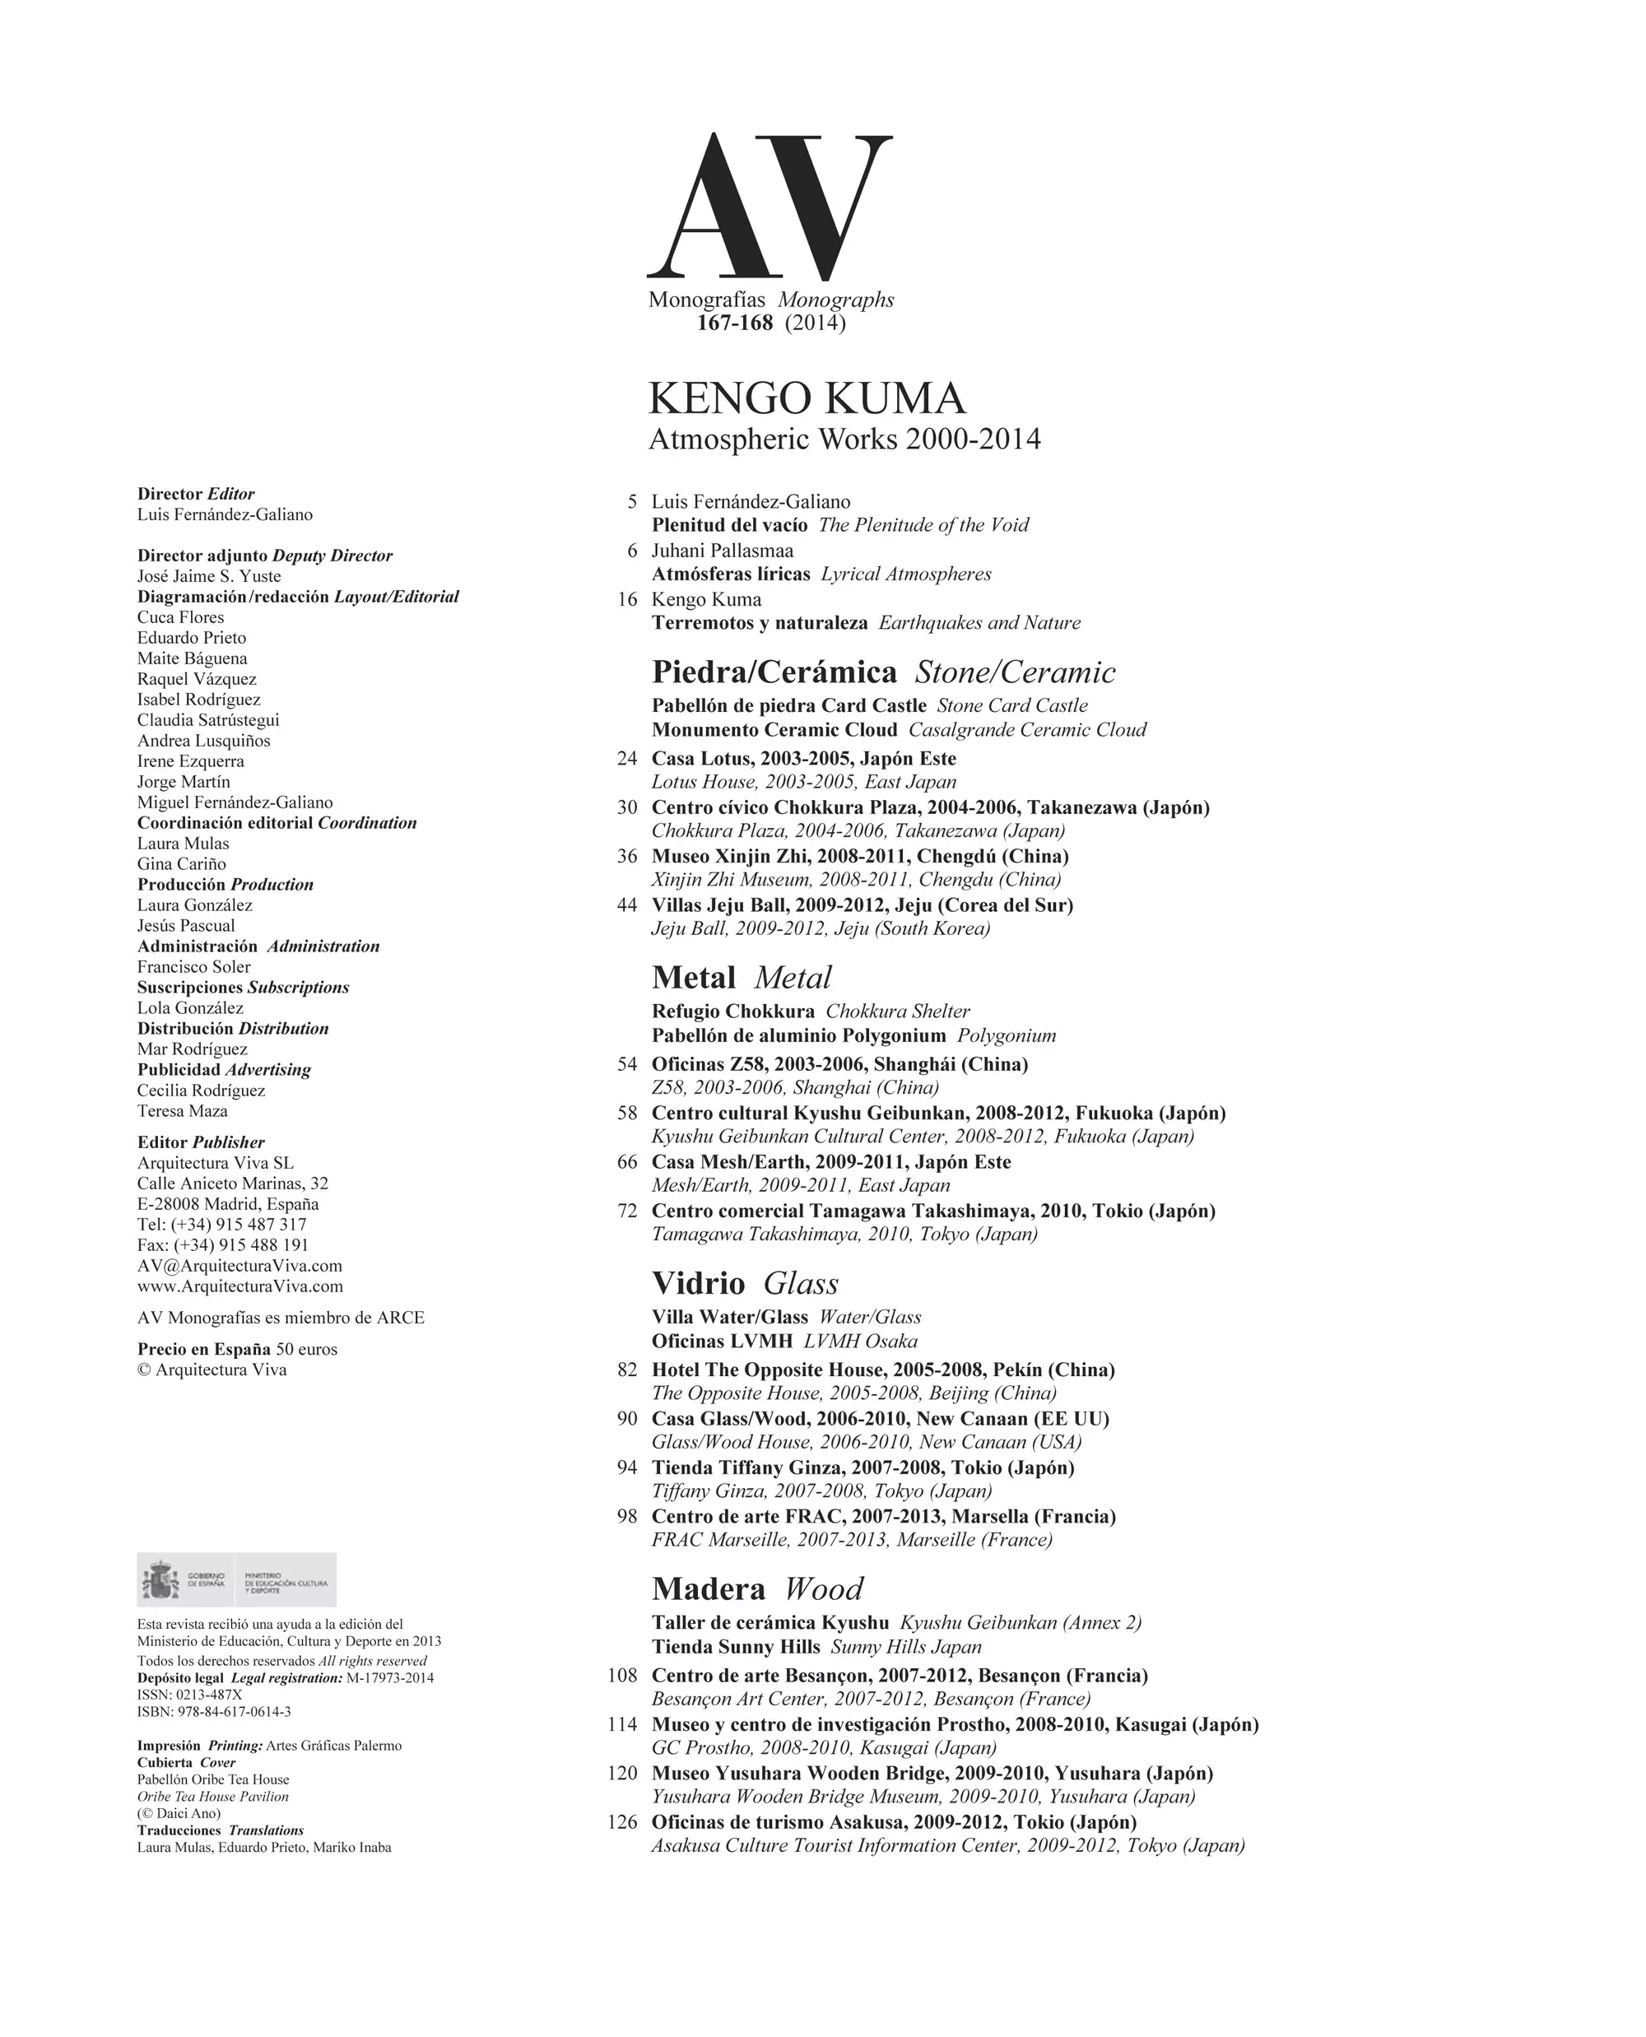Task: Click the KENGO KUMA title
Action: click(807, 398)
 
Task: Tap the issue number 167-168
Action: click(735, 323)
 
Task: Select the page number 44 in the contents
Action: click(627, 905)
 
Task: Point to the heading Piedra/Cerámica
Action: click(774, 672)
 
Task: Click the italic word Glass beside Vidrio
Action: click(802, 1284)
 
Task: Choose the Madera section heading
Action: click(709, 1589)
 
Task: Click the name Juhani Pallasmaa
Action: click(723, 550)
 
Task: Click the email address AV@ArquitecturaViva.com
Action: click(239, 1266)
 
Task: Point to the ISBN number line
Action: click(214, 1712)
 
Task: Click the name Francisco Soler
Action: click(193, 966)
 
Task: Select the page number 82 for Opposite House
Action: click(627, 1370)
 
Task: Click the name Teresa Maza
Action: click(182, 1110)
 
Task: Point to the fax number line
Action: click(223, 1245)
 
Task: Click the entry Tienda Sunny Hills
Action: click(736, 1647)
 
